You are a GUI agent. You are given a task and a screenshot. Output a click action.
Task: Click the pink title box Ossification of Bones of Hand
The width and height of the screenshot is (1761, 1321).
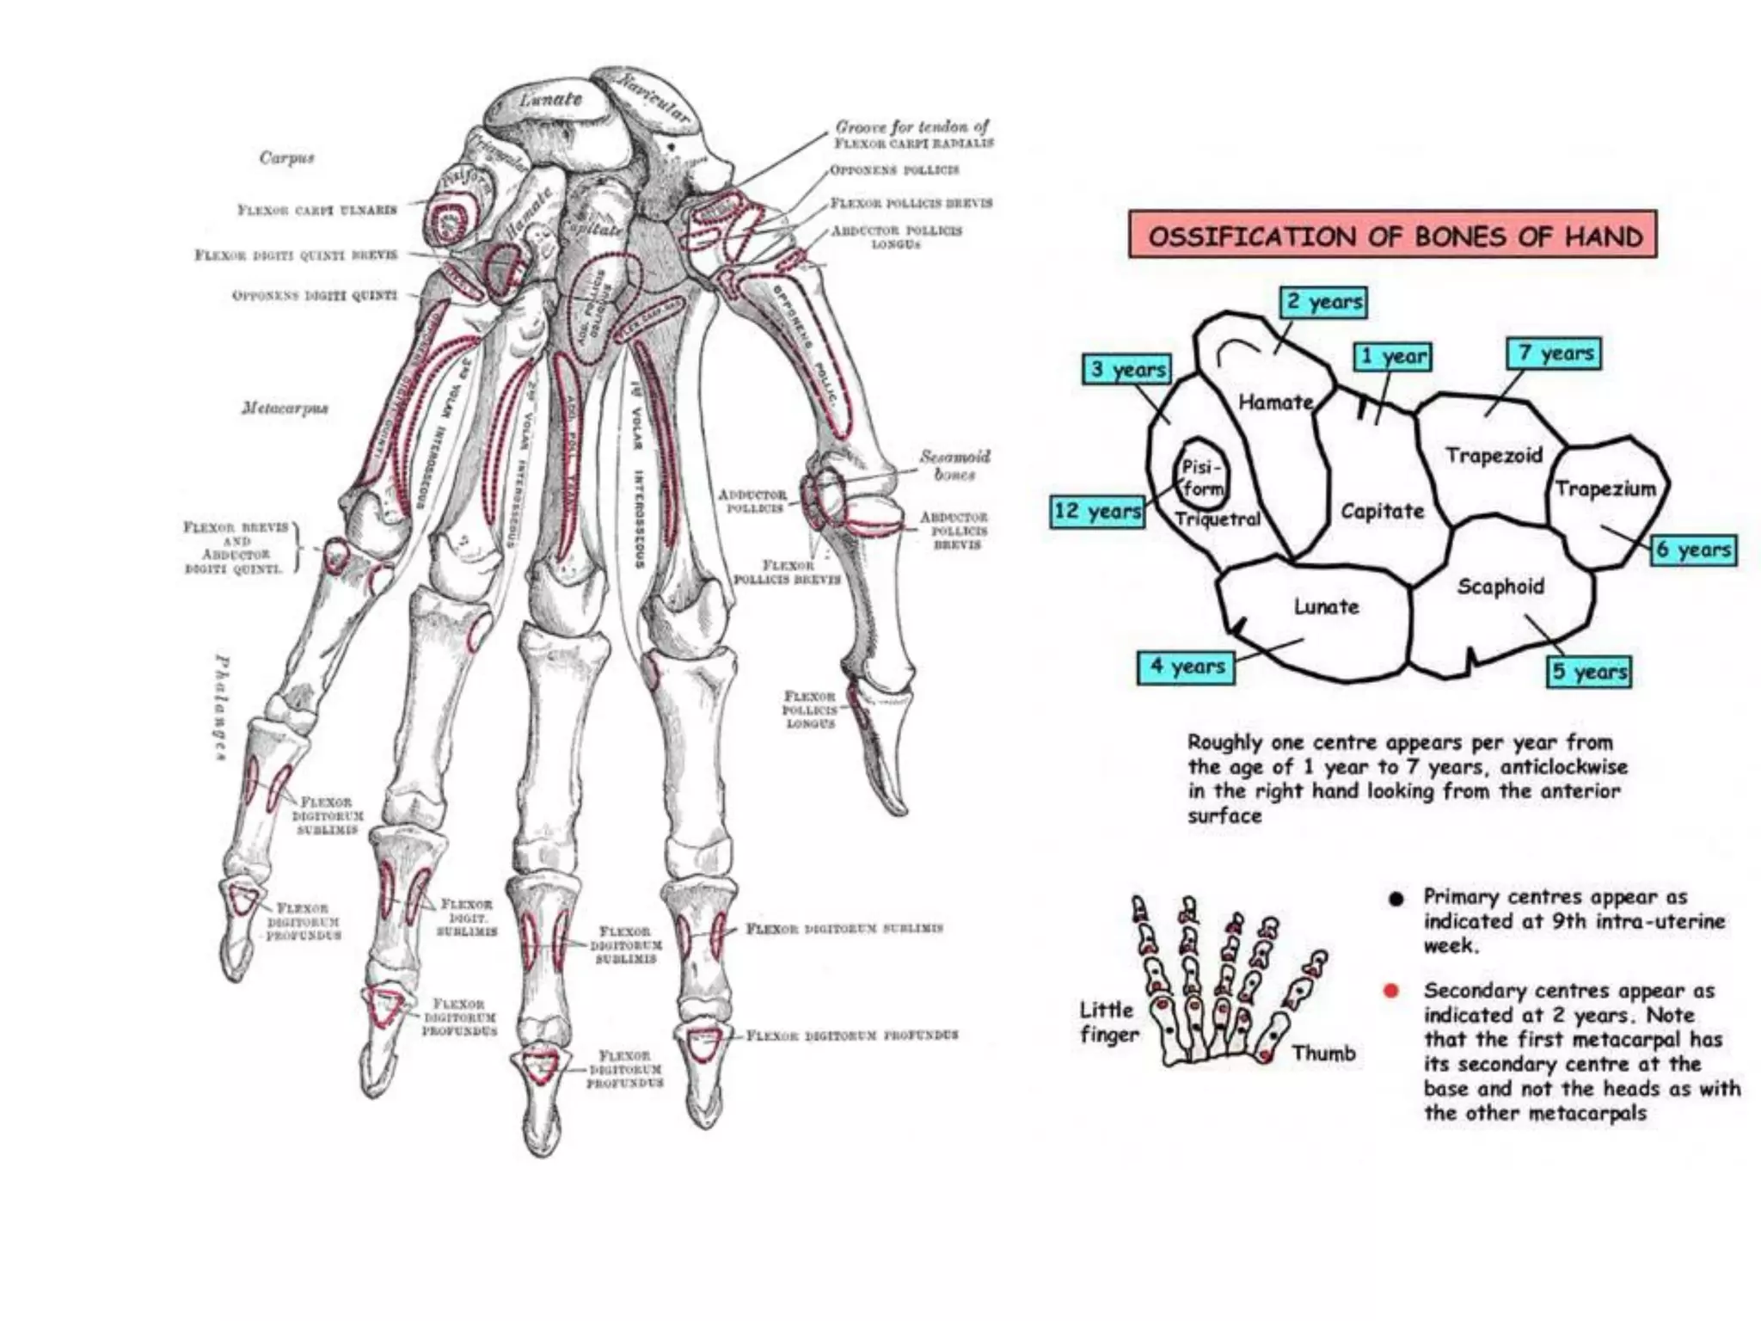pyautogui.click(x=1392, y=235)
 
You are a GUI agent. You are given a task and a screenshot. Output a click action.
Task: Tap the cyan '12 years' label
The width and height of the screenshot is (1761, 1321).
pyautogui.click(x=1097, y=511)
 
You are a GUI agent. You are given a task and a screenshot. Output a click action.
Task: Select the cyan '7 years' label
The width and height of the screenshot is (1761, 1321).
pyautogui.click(x=1554, y=353)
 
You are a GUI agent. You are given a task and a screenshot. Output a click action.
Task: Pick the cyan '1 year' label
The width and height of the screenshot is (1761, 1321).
pyautogui.click(x=1393, y=356)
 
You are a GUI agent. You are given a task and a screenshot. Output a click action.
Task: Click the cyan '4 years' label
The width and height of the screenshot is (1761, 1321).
pyautogui.click(x=1186, y=667)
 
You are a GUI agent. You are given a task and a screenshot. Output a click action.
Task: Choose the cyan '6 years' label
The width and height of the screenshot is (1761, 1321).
pyautogui.click(x=1693, y=550)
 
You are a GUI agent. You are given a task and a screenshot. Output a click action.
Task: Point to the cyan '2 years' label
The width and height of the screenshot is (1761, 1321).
pyautogui.click(x=1323, y=302)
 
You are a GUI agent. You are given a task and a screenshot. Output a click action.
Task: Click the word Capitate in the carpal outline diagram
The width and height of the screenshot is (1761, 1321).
pyautogui.click(x=1382, y=512)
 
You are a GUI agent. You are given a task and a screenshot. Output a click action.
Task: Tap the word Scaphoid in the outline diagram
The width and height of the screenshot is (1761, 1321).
pyautogui.click(x=1500, y=587)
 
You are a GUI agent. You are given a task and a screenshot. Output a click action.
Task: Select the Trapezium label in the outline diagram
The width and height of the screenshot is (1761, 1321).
pyautogui.click(x=1605, y=489)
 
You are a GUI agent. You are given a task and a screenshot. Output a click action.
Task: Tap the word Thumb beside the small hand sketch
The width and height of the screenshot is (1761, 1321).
pyautogui.click(x=1323, y=1053)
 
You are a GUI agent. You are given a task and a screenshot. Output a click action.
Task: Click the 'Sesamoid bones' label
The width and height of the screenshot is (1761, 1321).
pyautogui.click(x=954, y=464)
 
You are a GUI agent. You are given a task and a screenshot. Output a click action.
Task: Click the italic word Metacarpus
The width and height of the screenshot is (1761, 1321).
pyautogui.click(x=284, y=408)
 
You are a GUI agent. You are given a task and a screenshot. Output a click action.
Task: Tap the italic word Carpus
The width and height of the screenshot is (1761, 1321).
pyautogui.click(x=286, y=158)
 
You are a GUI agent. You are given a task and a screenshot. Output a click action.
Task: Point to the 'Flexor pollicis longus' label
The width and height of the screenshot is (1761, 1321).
pyautogui.click(x=809, y=710)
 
